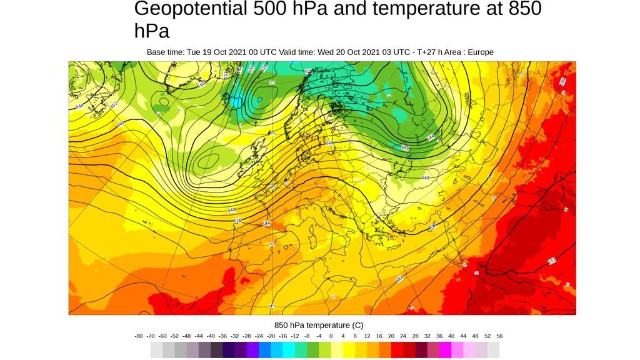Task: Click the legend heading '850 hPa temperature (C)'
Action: tap(319, 325)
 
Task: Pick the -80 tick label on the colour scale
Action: tap(139, 336)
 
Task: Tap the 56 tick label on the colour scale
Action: tap(499, 336)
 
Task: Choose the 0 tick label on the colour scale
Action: tap(331, 336)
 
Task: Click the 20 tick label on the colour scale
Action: tap(391, 336)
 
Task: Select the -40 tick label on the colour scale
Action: tap(211, 336)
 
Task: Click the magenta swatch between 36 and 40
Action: tap(446, 350)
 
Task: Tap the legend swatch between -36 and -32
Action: tap(229, 350)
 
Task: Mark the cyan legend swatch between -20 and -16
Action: tap(277, 350)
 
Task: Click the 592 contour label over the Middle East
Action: tap(552, 260)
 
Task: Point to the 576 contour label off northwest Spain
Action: tap(237, 221)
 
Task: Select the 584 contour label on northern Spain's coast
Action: tap(266, 224)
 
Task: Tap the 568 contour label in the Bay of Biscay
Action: tap(232, 210)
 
